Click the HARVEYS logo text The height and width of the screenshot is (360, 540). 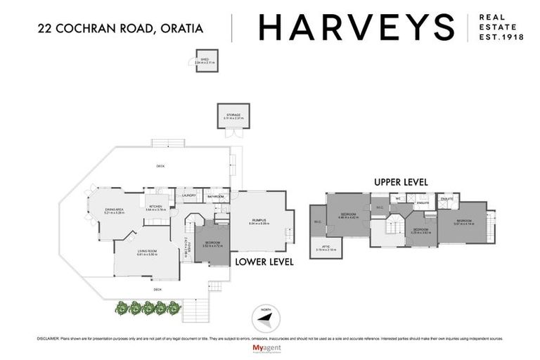(356, 27)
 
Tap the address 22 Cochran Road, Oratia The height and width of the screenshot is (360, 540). (120, 28)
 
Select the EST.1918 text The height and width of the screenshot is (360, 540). (501, 37)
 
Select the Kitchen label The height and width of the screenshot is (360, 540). (155, 207)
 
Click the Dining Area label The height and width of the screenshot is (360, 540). (115, 210)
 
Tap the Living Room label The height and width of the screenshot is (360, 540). (146, 252)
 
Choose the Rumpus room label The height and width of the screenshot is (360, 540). (258, 221)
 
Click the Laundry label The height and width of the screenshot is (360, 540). (188, 196)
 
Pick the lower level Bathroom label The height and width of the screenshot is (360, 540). (214, 196)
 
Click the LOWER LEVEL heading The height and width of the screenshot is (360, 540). (264, 262)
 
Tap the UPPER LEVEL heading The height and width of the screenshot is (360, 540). (401, 181)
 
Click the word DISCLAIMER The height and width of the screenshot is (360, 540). (49, 338)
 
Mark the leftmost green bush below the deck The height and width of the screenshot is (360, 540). (121, 307)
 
